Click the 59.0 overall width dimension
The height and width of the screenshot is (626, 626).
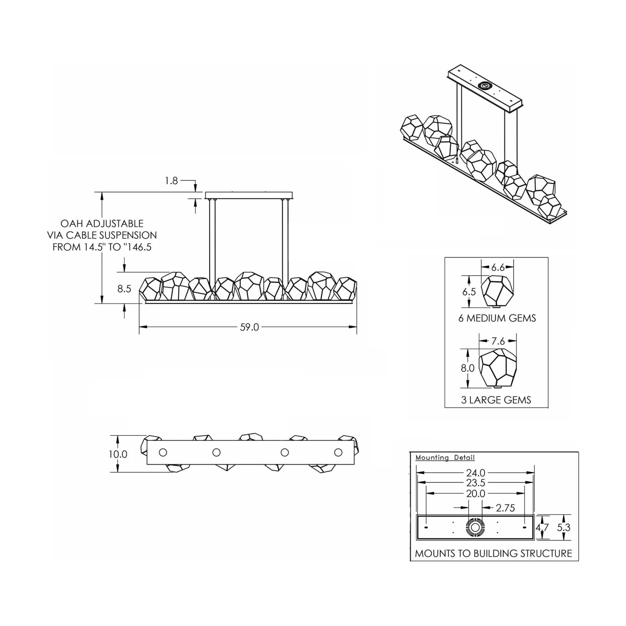[x=249, y=327]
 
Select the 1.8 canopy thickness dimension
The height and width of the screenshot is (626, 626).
[x=171, y=181]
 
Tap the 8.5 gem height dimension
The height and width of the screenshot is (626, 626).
[x=124, y=289]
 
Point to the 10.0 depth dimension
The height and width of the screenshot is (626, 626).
[x=118, y=454]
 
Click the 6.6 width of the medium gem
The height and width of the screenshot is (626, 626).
[x=498, y=268]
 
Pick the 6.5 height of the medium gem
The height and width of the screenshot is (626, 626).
[x=469, y=292]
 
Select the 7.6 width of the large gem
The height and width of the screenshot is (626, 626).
[x=498, y=341]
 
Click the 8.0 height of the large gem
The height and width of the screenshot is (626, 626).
[x=468, y=368]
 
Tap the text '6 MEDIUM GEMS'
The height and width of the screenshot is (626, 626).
[x=497, y=318]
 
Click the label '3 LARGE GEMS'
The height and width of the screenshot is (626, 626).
[x=496, y=400]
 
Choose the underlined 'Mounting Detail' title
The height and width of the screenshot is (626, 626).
[x=445, y=458]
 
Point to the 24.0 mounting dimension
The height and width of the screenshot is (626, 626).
[x=476, y=473]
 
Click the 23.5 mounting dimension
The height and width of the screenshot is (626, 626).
[x=476, y=483]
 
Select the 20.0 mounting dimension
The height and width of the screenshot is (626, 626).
[x=476, y=493]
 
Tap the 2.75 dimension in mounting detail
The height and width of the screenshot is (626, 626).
[x=505, y=508]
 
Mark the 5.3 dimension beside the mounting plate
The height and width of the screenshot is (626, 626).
[x=563, y=528]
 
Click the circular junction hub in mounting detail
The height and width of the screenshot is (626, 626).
[x=475, y=528]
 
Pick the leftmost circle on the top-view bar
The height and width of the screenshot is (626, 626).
[x=163, y=452]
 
